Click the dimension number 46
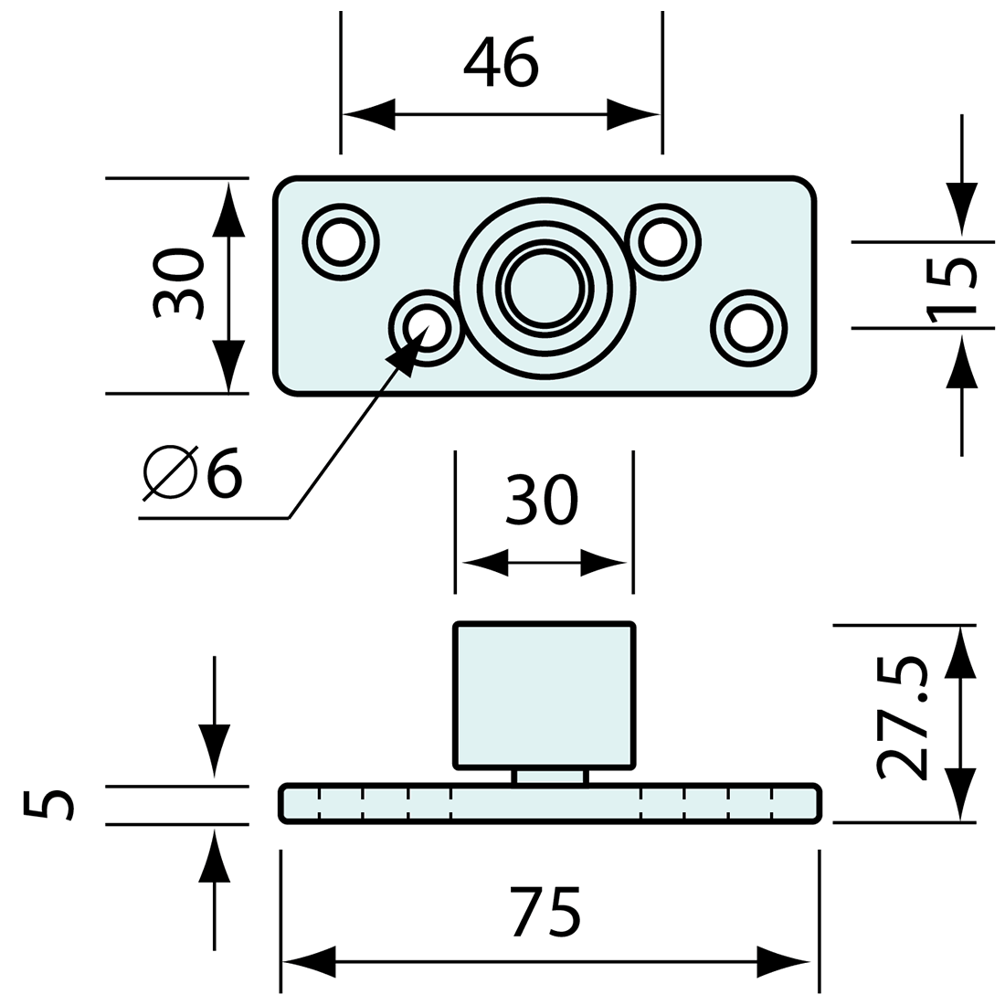(502, 62)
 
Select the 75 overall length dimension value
(545, 911)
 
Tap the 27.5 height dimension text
(901, 718)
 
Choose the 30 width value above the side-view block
(541, 500)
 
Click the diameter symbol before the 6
(171, 473)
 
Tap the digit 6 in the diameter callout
(224, 473)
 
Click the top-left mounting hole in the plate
(340, 243)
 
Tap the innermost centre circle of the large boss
(545, 285)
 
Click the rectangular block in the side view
(544, 694)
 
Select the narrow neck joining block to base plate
(551, 776)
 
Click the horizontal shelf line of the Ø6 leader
(213, 518)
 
